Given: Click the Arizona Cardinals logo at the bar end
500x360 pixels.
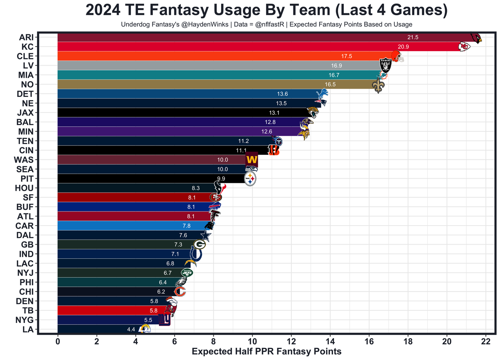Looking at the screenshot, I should pyautogui.click(x=476, y=38).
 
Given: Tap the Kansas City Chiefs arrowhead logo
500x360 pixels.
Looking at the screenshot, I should pyautogui.click(x=464, y=47).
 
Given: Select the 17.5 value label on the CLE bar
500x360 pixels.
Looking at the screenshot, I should pyautogui.click(x=346, y=56).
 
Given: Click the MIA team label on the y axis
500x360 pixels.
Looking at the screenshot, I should pyautogui.click(x=26, y=75).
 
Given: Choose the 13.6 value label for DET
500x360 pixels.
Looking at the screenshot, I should pyautogui.click(x=282, y=94).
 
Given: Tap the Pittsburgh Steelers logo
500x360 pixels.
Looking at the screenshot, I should pyautogui.click(x=250, y=179).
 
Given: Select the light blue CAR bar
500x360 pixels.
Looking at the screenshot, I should pyautogui.click(x=129, y=226).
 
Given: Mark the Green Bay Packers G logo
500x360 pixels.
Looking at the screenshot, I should pyautogui.click(x=200, y=244).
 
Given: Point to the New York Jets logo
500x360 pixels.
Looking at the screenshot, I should pyautogui.click(x=187, y=272).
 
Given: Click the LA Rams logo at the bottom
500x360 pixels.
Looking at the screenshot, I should pyautogui.click(x=145, y=328).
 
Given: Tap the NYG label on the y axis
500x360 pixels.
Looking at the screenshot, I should pyautogui.click(x=24, y=320).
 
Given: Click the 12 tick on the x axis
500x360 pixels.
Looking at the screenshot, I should pyautogui.click(x=291, y=341).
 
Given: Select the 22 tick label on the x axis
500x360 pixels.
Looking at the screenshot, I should pyautogui.click(x=486, y=341).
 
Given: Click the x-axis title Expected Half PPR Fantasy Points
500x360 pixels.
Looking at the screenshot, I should pyautogui.click(x=266, y=351).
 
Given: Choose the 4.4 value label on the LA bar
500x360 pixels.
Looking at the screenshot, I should pyautogui.click(x=131, y=330).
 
